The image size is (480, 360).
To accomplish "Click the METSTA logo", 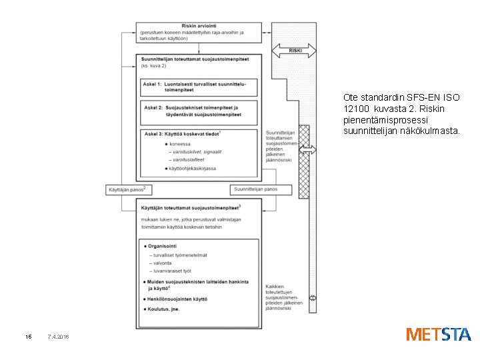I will tap(438, 334).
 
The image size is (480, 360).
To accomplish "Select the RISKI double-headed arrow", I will tap(293, 51).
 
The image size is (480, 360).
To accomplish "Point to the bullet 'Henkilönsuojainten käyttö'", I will tap(181, 299).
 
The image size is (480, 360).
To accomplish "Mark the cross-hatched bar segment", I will tap(304, 162).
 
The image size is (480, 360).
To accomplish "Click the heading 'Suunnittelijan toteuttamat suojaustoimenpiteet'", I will tap(195, 59).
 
